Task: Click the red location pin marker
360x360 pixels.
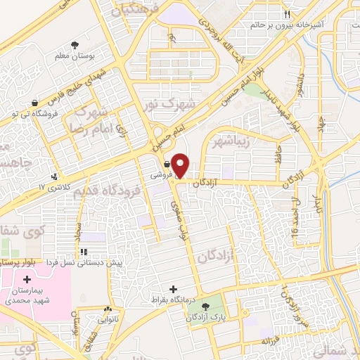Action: pos(181,165)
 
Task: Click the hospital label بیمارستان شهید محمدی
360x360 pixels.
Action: pos(27,295)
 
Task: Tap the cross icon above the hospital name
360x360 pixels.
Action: pos(27,280)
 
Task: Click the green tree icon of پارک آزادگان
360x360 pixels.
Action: pos(206,307)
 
